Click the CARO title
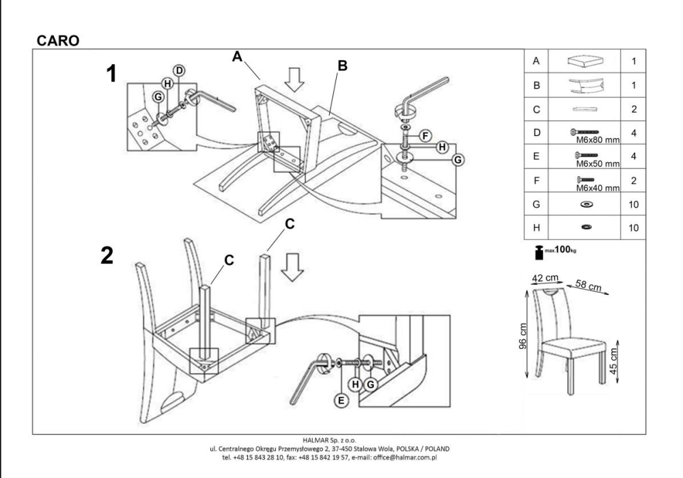pos(57,41)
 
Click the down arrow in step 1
pos(295,80)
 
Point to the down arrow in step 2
pos(293,266)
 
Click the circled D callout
pos(179,70)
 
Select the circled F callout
pos(423,135)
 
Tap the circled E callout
pos(339,401)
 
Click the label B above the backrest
pos(343,66)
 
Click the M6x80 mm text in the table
pos(598,140)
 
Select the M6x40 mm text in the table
pos(598,188)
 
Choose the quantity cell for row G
pos(633,204)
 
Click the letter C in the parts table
pos(536,109)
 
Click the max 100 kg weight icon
pos(539,252)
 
